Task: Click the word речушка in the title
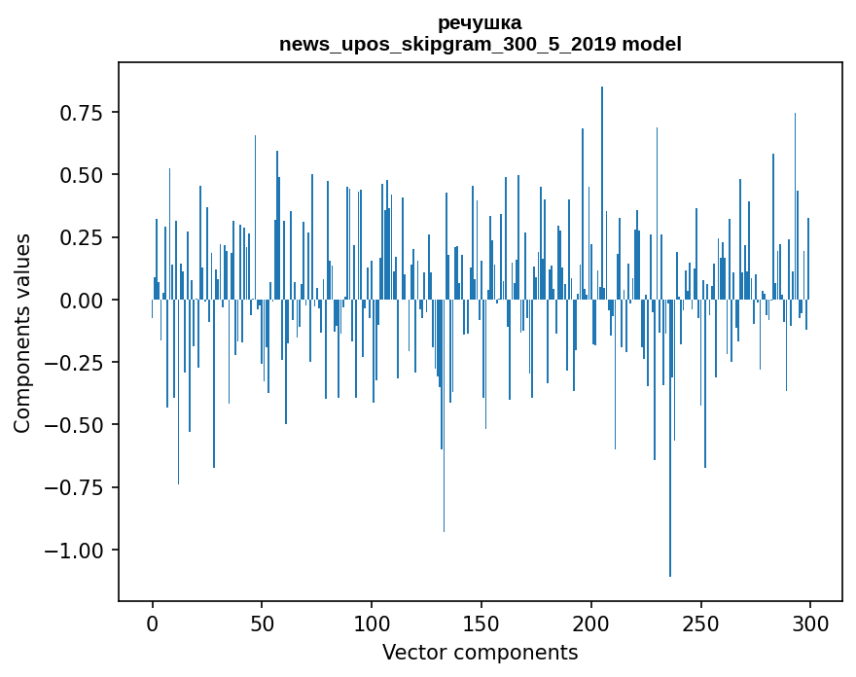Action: [480, 22]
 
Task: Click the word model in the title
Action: [652, 44]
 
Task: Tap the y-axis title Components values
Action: [22, 333]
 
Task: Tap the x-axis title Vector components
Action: [480, 652]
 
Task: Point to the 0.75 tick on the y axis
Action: [81, 113]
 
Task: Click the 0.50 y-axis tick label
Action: [81, 175]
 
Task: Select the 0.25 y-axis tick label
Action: [81, 237]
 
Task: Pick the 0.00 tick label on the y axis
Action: [81, 300]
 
